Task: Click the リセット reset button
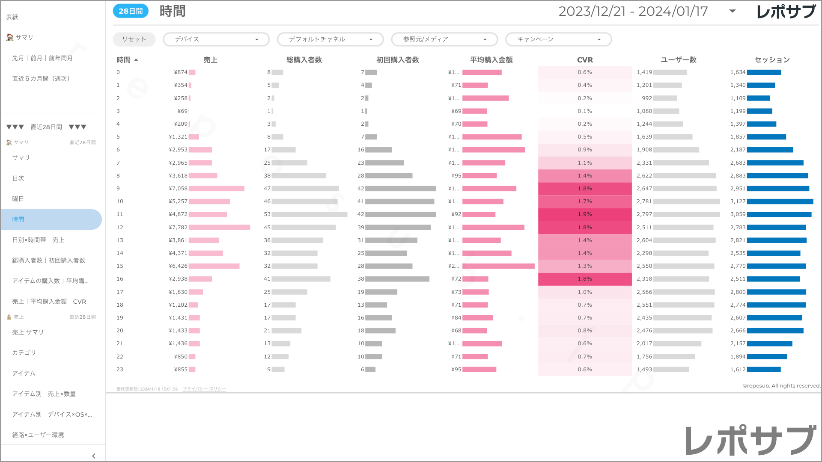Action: pos(134,39)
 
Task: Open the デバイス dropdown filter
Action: pos(216,39)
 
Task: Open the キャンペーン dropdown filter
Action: pos(558,39)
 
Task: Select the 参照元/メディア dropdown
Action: pos(444,39)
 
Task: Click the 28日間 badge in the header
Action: pos(131,11)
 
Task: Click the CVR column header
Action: pos(585,60)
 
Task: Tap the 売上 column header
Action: pos(210,60)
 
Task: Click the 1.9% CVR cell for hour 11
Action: pos(585,214)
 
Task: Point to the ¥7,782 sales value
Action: pos(178,228)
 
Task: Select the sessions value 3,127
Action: pos(738,201)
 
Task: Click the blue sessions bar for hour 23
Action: pos(764,370)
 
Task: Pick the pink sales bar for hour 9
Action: pos(217,189)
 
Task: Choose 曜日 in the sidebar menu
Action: pos(18,199)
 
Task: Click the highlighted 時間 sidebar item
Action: pos(18,219)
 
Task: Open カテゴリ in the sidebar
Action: pos(24,352)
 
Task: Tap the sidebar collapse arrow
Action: pos(94,456)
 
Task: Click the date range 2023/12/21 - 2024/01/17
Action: pos(633,11)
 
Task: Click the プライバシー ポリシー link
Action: pos(204,389)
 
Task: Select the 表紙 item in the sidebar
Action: pos(12,17)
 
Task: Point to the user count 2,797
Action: pos(644,214)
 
